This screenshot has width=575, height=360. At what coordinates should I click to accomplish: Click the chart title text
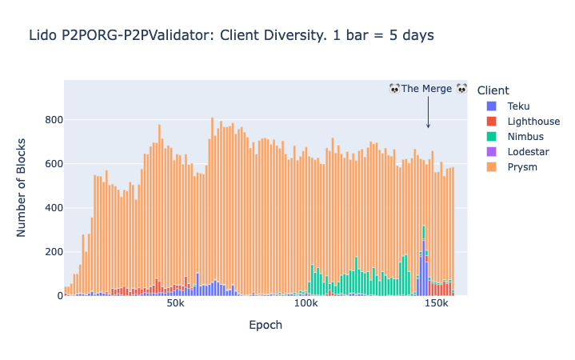[231, 35]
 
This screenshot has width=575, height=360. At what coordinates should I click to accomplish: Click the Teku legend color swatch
[491, 106]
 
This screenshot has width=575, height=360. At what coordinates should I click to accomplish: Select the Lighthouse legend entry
[533, 121]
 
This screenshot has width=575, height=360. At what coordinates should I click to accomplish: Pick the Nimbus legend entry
[525, 136]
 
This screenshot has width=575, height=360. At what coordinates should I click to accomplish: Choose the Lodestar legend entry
[528, 151]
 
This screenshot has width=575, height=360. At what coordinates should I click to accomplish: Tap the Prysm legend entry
[522, 166]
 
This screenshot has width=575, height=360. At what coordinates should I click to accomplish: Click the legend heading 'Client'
[493, 90]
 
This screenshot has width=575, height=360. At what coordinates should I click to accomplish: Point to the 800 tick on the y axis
[54, 120]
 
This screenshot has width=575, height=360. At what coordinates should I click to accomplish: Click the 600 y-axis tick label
[54, 164]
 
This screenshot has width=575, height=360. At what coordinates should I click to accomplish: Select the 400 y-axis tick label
[54, 208]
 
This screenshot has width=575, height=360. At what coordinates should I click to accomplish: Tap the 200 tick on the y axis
[54, 252]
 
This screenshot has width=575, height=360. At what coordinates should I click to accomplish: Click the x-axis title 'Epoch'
[265, 326]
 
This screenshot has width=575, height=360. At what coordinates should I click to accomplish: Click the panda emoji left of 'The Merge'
[394, 89]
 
